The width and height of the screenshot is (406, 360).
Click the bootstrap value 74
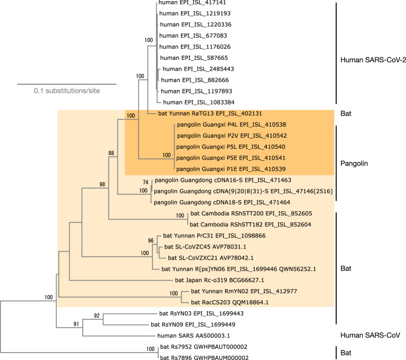(146, 182)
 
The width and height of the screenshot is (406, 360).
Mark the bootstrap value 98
(103, 184)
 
